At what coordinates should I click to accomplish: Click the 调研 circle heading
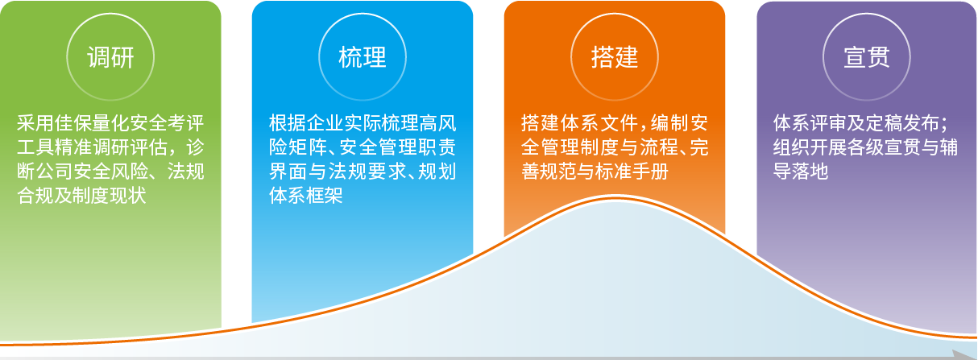pos(110,57)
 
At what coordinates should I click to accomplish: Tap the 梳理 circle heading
pos(363,57)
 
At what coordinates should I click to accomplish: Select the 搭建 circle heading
pos(615,57)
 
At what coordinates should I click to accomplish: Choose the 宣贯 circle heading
pos(867,57)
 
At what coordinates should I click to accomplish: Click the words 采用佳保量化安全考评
pos(110,123)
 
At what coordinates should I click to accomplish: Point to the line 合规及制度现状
pos(81,195)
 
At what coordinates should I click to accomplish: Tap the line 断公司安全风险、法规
pos(110,171)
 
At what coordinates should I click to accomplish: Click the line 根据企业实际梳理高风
pos(363,123)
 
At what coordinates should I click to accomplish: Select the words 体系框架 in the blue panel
pos(305,195)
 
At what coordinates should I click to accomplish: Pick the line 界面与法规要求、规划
pos(363,171)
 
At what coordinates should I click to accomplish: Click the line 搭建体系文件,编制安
pos(615,123)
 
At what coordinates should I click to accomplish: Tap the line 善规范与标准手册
pos(595,171)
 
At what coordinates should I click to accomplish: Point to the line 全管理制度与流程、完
pos(615,147)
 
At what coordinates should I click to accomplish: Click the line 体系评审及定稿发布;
pos(860,123)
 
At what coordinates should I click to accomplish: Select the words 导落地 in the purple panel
pos(801,171)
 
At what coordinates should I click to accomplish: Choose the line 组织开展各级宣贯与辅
pos(865,147)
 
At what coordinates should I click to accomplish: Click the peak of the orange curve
pos(615,199)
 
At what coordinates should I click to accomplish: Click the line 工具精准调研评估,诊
pos(110,147)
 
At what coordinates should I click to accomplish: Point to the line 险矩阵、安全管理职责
pos(363,147)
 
